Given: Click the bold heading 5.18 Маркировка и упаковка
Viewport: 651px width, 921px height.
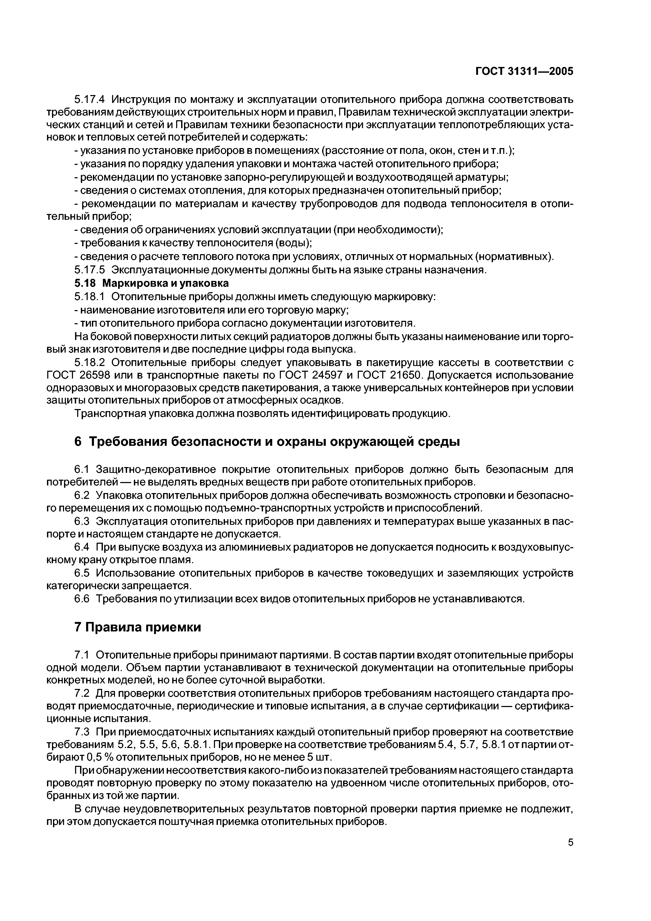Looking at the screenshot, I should coord(152,283).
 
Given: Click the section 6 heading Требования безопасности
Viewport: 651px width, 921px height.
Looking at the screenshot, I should coord(267,442).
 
